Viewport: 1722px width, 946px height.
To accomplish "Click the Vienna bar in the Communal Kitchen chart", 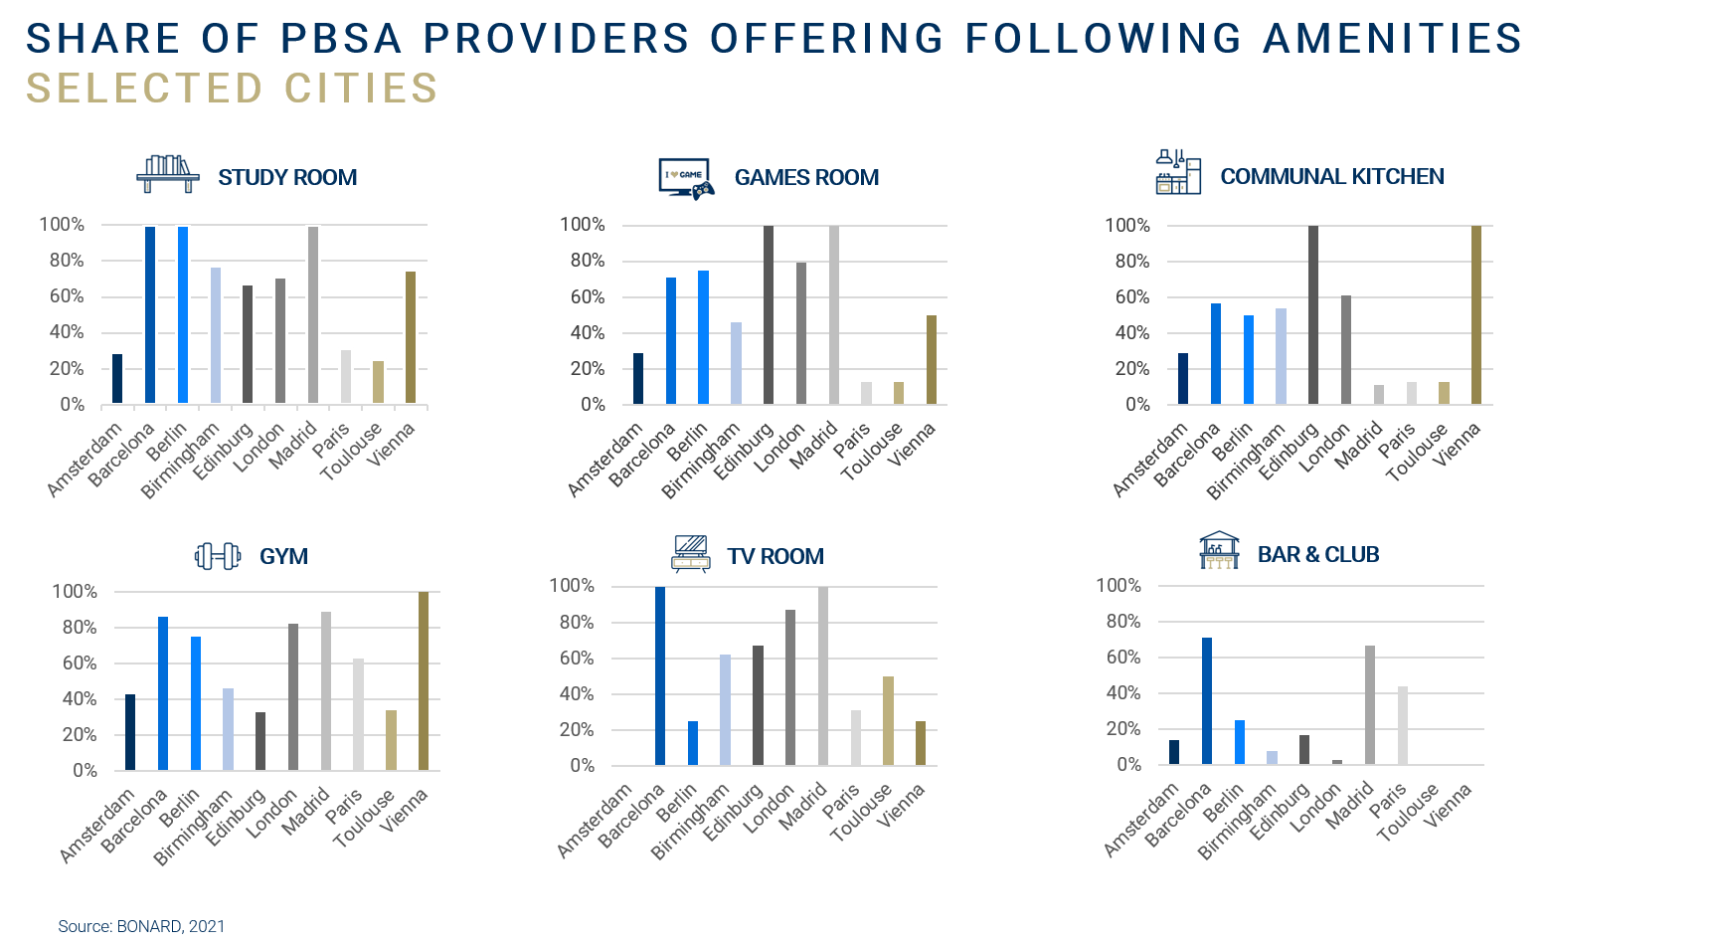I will [x=1475, y=315].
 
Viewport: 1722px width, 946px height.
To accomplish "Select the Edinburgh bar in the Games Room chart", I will [x=769, y=315].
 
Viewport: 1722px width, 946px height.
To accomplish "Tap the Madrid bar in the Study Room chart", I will [x=313, y=315].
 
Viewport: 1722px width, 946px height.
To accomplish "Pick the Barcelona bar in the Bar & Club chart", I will [x=1207, y=701].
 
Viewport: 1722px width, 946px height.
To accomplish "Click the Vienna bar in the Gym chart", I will [x=424, y=681].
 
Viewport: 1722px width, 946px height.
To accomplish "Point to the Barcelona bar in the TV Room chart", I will [x=660, y=676].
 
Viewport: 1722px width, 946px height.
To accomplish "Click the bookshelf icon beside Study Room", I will [x=167, y=175].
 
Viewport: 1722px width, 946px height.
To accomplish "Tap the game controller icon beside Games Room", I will [x=687, y=179].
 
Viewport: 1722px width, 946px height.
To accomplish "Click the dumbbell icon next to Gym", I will [x=219, y=555].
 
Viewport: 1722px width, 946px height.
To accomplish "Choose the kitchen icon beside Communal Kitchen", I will [x=1178, y=172].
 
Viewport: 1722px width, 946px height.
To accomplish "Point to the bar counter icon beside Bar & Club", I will [x=1220, y=550].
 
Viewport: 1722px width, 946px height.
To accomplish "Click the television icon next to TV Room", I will [x=691, y=553].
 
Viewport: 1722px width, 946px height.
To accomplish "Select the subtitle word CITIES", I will [x=361, y=89].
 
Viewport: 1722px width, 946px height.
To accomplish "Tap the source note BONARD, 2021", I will [x=170, y=926].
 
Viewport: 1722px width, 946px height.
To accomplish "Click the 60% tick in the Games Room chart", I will [x=587, y=296].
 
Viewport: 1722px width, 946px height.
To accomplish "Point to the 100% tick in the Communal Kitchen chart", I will [x=1126, y=225].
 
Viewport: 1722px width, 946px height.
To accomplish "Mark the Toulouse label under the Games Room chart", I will [x=871, y=452].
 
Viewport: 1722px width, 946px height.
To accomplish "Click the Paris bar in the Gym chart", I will [x=358, y=714].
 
